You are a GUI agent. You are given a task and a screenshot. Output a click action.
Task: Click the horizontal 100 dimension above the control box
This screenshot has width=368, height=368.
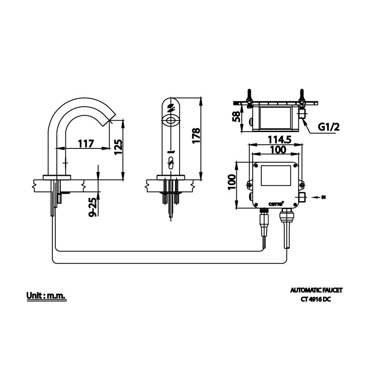point(278,150)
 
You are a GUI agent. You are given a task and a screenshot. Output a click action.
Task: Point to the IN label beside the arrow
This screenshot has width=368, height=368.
point(323,197)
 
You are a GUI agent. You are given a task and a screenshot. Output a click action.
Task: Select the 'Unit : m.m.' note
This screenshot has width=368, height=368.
point(46,295)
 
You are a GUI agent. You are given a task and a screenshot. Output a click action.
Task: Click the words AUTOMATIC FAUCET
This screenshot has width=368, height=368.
point(316,290)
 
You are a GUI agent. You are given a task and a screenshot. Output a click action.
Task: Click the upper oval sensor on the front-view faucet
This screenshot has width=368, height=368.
point(171,121)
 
